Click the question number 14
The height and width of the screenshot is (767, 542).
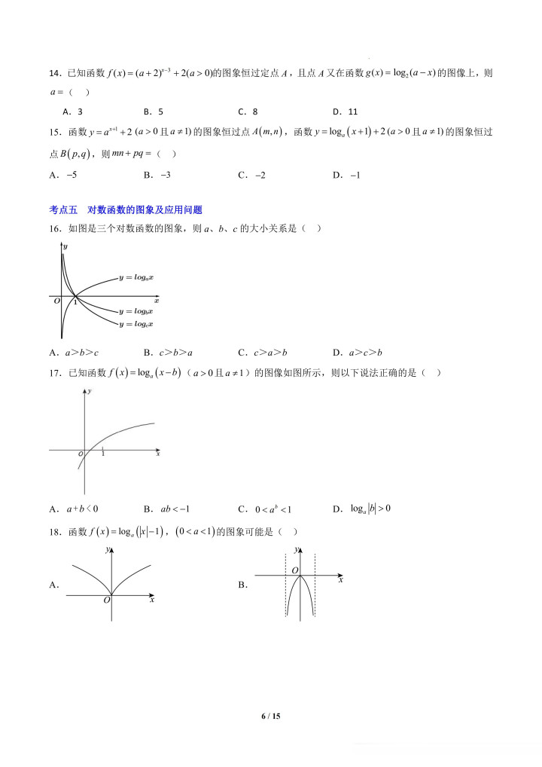[x=54, y=73]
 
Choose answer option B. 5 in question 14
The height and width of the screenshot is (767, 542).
[x=154, y=112]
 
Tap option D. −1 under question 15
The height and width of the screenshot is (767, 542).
[x=347, y=175]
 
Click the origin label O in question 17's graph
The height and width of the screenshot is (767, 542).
[x=80, y=455]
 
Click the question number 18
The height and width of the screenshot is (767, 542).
[x=54, y=532]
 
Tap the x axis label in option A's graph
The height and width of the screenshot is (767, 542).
[x=152, y=600]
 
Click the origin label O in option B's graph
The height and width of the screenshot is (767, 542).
[x=296, y=570]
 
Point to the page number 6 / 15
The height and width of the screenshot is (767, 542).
[x=270, y=717]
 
